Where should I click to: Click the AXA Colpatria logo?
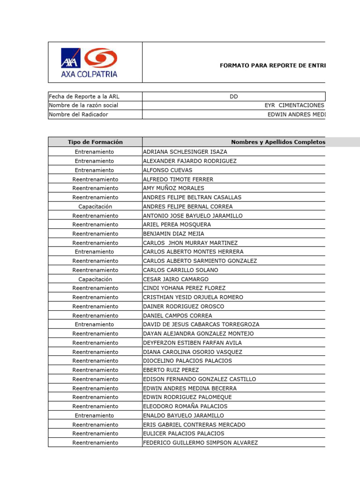click(x=89, y=62)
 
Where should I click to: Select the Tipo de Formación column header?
click(x=95, y=142)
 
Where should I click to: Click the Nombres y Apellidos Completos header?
click(x=277, y=142)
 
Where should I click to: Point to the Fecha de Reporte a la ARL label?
click(x=84, y=97)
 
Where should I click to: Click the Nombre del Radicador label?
click(x=78, y=114)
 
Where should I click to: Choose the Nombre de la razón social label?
click(x=83, y=105)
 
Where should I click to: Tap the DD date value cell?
click(x=233, y=97)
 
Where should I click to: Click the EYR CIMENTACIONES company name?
click(x=294, y=105)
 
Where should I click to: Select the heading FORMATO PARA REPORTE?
click(x=272, y=66)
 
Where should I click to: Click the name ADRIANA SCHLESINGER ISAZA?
click(x=185, y=152)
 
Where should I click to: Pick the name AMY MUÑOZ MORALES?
click(x=173, y=188)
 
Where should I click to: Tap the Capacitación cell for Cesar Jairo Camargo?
click(x=95, y=279)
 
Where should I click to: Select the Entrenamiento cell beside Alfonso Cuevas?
click(x=95, y=170)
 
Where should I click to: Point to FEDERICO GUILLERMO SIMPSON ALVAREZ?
click(x=200, y=442)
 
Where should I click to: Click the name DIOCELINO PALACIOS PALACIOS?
click(x=187, y=361)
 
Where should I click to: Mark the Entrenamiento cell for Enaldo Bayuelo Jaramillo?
click(x=95, y=415)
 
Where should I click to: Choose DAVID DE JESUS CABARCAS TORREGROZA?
click(x=201, y=324)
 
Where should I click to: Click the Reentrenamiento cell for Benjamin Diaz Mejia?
click(x=95, y=234)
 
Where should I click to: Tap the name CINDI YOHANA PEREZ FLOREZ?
click(x=184, y=288)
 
